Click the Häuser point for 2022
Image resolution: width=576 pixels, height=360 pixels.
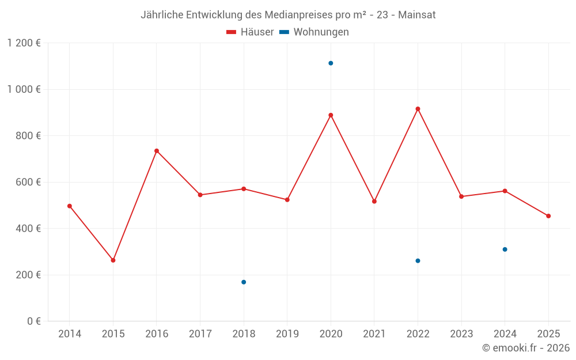[x=418, y=109]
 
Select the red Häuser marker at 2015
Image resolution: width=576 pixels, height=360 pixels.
[x=113, y=260]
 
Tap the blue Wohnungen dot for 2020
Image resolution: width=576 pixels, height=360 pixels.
[x=331, y=63]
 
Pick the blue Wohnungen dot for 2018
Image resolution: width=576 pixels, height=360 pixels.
[x=244, y=282]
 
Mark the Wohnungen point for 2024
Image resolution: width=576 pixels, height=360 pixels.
[x=505, y=249]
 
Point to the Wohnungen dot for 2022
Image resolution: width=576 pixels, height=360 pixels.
[x=418, y=261]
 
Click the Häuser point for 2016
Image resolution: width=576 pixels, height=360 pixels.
[x=157, y=151]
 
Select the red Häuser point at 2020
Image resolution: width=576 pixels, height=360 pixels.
[x=331, y=115]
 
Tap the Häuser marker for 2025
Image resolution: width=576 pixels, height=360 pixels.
[x=548, y=216]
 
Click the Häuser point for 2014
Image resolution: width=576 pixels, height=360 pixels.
[x=70, y=206]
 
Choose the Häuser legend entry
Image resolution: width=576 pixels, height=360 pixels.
[x=250, y=32]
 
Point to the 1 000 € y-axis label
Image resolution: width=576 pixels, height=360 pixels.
[x=24, y=89]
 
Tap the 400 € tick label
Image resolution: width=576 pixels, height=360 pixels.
[x=29, y=229]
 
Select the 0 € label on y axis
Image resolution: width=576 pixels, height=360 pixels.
[x=33, y=321]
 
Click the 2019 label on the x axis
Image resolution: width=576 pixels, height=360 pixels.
[x=287, y=334]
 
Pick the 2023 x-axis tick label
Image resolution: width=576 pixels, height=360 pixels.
[x=461, y=334]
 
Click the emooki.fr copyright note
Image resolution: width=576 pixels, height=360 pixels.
[x=526, y=348]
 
